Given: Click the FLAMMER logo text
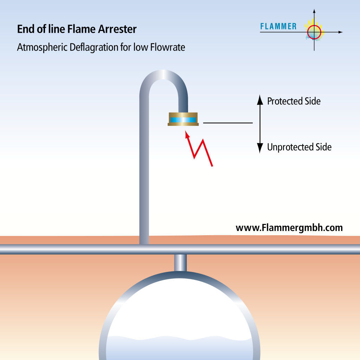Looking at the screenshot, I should pos(278,26).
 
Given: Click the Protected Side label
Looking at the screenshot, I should pos(294,101).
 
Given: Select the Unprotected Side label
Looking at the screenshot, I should pos(299,147).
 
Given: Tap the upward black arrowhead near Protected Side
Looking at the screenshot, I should pos(260,101).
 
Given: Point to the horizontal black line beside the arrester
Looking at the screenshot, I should pos(228,123).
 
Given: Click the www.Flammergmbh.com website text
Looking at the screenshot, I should pos(289,228).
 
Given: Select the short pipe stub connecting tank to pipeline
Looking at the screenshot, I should pos(180,262).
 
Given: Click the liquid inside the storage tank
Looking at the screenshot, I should pos(179,348).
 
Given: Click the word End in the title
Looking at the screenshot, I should pos(24,29).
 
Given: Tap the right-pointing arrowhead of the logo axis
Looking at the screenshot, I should pos(340,32).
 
